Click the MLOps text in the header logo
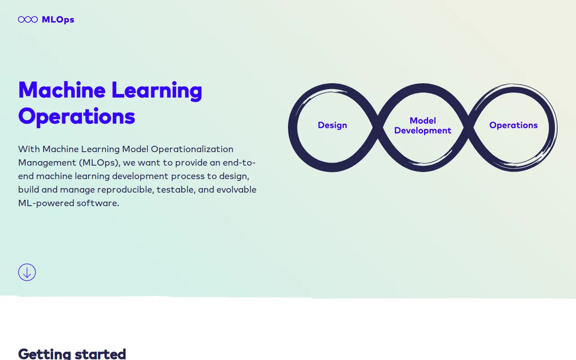58,20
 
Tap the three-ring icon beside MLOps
28,19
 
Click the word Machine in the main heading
62,90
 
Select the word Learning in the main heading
157,91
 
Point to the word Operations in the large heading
76,117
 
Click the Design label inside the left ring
332,126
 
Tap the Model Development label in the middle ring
423,126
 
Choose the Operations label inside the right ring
513,126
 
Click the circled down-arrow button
27,272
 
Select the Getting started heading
72,354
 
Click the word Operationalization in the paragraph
192,149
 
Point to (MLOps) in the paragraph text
100,163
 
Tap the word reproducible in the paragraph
126,190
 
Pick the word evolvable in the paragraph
236,190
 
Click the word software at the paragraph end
98,203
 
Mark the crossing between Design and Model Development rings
378,127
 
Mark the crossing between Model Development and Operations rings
468,127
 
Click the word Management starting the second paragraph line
47,163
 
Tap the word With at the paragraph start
29,149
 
